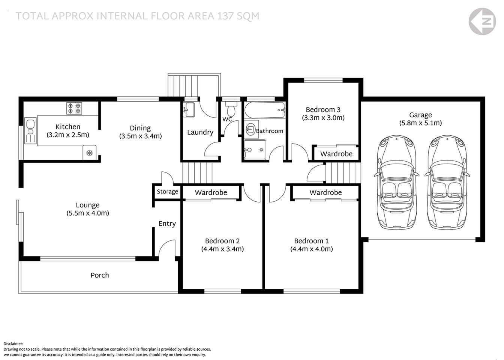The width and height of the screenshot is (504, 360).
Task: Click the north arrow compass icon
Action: pos(482,21)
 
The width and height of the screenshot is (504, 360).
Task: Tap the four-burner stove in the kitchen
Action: pos(74,108)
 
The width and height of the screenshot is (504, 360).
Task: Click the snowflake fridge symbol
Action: pos(89,153)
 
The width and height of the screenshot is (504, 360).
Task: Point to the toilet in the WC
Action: pos(231,109)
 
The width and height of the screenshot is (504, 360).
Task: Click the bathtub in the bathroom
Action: pos(265,111)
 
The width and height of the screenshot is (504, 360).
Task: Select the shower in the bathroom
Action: pos(255,150)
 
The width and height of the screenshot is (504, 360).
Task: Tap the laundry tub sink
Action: pos(188,109)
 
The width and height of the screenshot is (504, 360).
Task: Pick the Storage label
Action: pos(167,192)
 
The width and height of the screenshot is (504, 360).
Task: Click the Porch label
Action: pos(100,275)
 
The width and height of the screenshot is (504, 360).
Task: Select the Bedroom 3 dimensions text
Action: pos(323,118)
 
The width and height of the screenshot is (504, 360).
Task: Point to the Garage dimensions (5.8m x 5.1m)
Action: pos(420,123)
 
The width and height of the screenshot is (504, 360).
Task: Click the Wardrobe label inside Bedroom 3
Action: pos(336,154)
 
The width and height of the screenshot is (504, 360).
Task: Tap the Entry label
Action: pos(167,223)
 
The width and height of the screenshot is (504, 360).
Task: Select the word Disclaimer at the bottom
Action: pos(13,343)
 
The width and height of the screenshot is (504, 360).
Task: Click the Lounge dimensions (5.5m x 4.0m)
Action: pos(88,213)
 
